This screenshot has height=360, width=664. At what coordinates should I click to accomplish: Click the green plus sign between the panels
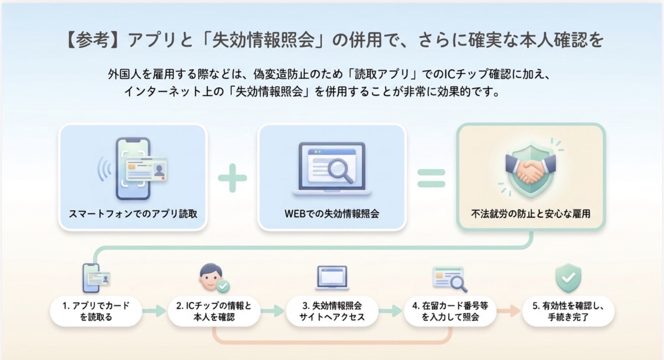[232, 178]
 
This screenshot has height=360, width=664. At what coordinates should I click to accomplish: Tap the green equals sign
[431, 178]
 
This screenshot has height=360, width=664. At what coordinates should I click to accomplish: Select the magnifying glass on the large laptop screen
[340, 170]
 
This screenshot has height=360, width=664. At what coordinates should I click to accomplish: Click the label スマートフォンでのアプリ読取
[133, 213]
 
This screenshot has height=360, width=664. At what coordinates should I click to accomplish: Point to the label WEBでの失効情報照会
[332, 213]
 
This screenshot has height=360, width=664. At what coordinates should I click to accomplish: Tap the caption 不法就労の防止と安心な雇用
[531, 213]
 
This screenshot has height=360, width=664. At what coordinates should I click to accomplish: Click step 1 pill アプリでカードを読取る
[96, 311]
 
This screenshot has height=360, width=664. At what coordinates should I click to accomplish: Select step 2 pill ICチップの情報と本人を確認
[214, 311]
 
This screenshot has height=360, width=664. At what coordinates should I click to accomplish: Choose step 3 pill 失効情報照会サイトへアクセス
[332, 311]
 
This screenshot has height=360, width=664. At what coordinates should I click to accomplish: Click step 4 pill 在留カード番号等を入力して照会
[450, 311]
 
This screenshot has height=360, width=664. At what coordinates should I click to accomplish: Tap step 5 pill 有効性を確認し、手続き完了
[568, 311]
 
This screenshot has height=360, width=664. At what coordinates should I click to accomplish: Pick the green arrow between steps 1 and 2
[154, 311]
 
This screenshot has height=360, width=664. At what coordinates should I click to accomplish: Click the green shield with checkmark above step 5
[568, 278]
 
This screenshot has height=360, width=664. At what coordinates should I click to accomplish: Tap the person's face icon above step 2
[211, 277]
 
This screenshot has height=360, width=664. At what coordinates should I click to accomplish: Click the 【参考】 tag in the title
[92, 40]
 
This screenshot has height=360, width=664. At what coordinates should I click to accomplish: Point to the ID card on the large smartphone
[146, 169]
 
